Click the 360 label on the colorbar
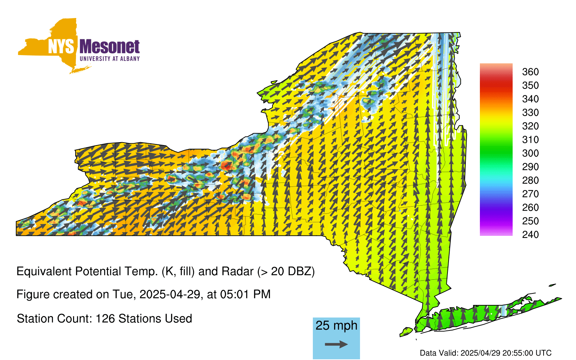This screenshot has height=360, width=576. click(530, 72)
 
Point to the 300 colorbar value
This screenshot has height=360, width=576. click(530, 153)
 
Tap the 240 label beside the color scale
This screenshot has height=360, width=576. click(530, 234)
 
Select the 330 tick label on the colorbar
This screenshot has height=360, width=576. click(530, 112)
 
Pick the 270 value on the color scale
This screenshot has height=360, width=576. click(530, 194)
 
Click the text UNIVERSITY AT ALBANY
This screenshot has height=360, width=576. click(110, 59)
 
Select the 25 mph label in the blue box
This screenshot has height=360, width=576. click(336, 325)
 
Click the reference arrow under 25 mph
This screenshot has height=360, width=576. click(336, 344)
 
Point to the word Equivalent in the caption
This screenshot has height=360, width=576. click(44, 271)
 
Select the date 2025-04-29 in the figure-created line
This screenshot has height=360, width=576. click(170, 294)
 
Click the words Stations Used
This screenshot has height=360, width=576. click(155, 319)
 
